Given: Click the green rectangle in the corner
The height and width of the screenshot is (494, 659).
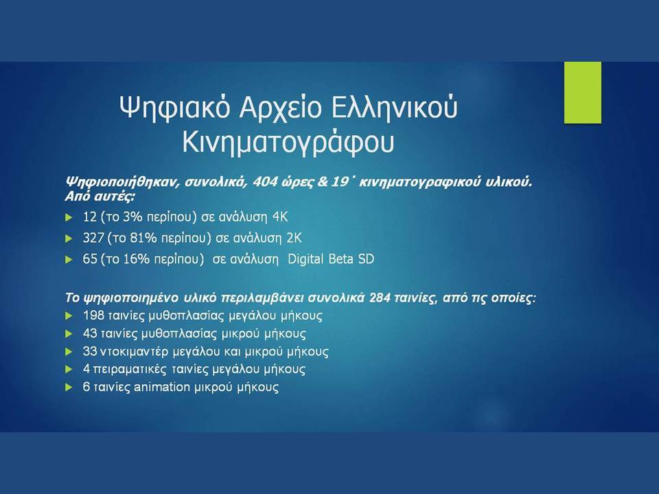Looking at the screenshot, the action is click(x=583, y=93).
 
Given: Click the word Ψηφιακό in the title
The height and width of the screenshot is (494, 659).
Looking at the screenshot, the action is click(x=175, y=108).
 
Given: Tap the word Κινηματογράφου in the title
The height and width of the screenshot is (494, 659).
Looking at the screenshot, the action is click(x=288, y=143).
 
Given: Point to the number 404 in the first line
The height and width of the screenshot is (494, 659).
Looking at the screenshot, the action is click(x=265, y=183).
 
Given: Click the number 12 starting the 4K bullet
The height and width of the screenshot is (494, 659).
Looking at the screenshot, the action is click(x=90, y=217).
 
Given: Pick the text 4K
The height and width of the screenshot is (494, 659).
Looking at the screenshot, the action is click(x=280, y=217).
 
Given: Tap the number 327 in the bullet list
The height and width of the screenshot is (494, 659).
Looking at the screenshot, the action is click(x=93, y=238).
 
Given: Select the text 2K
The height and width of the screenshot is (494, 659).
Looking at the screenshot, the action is click(x=294, y=238).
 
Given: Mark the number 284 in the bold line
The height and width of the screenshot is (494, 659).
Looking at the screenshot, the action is click(x=380, y=298).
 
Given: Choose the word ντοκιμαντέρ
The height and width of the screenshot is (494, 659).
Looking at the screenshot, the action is click(x=134, y=351).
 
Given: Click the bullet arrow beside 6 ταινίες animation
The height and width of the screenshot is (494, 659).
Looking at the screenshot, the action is click(x=69, y=387).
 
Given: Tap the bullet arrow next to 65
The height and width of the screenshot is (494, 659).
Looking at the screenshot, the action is click(x=69, y=259).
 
